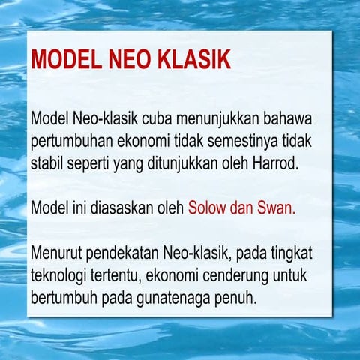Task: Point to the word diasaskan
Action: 118,207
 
